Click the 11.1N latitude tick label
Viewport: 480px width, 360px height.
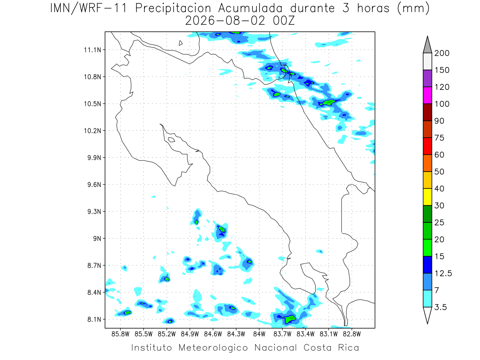pos(92,50)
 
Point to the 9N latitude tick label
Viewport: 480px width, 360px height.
pos(97,238)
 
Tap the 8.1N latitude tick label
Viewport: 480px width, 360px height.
pos(94,320)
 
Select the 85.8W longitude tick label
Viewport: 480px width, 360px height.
pos(120,334)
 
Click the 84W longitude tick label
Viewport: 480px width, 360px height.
pos(259,334)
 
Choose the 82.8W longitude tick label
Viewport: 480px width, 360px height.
pos(352,334)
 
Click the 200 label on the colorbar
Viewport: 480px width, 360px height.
pos(442,53)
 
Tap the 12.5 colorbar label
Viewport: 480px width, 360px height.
pos(443,274)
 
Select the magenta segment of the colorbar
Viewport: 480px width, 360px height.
pos(428,95)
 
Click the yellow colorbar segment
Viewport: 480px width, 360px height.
pos(428,197)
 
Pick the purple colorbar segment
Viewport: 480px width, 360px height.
pos(428,78)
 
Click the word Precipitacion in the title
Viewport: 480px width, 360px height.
pos(173,8)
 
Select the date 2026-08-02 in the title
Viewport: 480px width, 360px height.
pos(225,21)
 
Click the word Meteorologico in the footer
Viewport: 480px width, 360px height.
pos(213,348)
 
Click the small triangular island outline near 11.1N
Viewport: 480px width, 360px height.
pos(180,43)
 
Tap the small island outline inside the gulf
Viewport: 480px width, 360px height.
pos(172,140)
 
